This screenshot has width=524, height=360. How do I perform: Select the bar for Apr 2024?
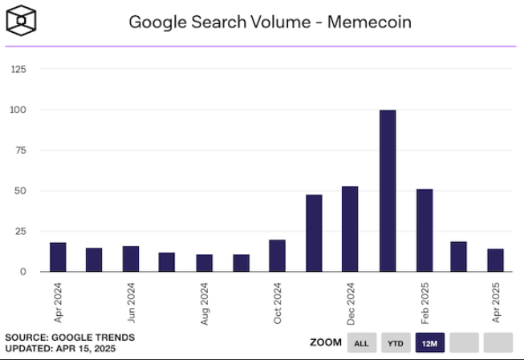(x=58, y=257)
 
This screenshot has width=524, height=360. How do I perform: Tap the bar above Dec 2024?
(x=350, y=229)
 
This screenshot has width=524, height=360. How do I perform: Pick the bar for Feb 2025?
(x=424, y=230)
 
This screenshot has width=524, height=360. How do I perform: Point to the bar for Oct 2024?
(x=277, y=256)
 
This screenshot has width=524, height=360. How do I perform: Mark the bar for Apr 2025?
(x=496, y=261)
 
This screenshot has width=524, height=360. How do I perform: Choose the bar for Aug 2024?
(x=204, y=263)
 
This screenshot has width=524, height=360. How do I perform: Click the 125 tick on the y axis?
(x=18, y=70)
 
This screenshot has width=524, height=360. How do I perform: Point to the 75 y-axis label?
(x=20, y=151)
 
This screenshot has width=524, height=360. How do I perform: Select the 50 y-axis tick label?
(x=20, y=191)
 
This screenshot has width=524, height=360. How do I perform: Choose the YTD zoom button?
(x=396, y=343)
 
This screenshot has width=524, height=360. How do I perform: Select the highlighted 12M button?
(x=429, y=343)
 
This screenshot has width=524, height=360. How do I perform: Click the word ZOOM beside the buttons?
(x=325, y=343)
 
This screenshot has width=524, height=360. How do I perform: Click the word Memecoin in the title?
(x=371, y=22)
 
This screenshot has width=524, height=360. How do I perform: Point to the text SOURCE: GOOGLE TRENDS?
(x=70, y=338)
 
